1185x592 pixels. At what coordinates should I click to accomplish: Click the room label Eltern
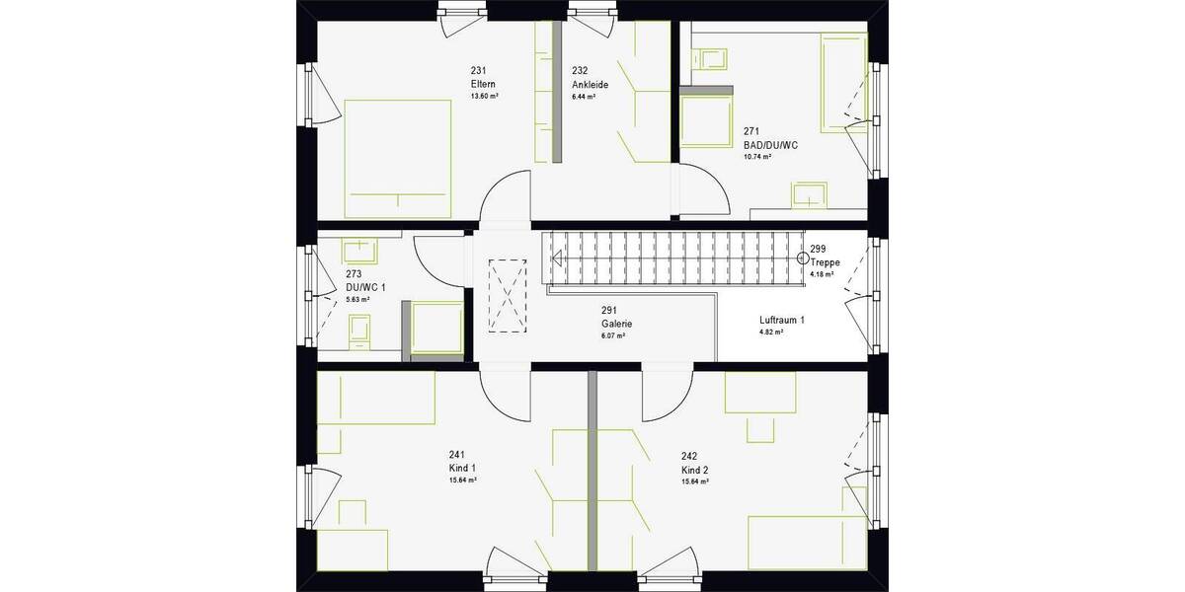coord(483,84)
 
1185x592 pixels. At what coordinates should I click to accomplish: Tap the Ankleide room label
coord(590,84)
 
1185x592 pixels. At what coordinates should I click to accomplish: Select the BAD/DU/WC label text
coord(770,144)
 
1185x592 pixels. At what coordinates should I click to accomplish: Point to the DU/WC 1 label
coord(365,287)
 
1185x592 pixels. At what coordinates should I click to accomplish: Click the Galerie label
coord(616,324)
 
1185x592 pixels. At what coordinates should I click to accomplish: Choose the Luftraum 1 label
coord(782,321)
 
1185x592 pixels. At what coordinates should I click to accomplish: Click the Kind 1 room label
coord(462,468)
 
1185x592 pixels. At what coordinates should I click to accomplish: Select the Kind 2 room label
coord(695,470)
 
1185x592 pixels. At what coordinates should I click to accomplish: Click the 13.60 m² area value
coord(484,97)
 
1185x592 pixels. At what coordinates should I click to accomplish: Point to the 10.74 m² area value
coord(757,156)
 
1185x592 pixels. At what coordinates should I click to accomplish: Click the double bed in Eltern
coord(397,158)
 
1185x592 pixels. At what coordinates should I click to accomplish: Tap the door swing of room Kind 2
coord(664,395)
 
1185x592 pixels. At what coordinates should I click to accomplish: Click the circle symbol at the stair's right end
coord(801,258)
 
